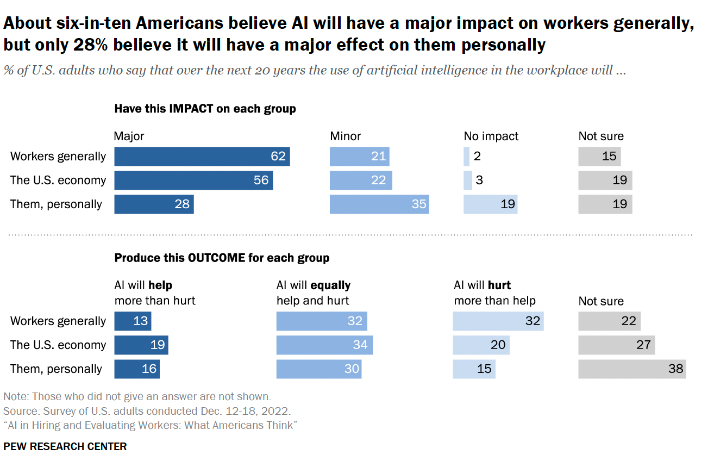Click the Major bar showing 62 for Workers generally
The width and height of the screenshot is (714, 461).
click(x=202, y=157)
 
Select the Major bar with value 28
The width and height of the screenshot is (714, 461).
click(x=154, y=204)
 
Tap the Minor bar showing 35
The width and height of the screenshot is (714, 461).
click(x=379, y=204)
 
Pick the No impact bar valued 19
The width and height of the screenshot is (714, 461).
click(x=490, y=204)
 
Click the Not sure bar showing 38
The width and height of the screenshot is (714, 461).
click(x=632, y=369)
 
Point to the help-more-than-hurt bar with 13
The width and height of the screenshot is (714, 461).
click(x=133, y=321)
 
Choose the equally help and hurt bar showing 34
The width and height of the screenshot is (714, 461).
click(x=324, y=345)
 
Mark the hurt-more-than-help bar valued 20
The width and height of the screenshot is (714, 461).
click(x=481, y=345)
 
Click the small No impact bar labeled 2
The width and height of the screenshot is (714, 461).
click(x=467, y=157)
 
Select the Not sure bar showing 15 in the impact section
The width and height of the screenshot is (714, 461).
click(x=599, y=157)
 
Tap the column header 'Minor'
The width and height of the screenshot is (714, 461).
click(x=346, y=136)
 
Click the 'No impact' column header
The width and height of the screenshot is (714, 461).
click(x=491, y=136)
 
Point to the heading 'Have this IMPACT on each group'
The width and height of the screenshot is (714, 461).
click(x=205, y=109)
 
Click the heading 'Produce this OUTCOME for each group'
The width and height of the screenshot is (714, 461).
click(x=222, y=258)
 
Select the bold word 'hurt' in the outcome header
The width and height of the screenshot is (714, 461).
click(x=499, y=285)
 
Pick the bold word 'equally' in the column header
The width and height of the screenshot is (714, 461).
click(x=331, y=285)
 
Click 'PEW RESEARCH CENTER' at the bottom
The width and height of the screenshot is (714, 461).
click(x=65, y=447)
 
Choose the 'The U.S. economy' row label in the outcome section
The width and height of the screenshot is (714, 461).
click(x=58, y=345)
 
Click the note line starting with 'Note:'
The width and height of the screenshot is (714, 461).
click(x=137, y=397)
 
